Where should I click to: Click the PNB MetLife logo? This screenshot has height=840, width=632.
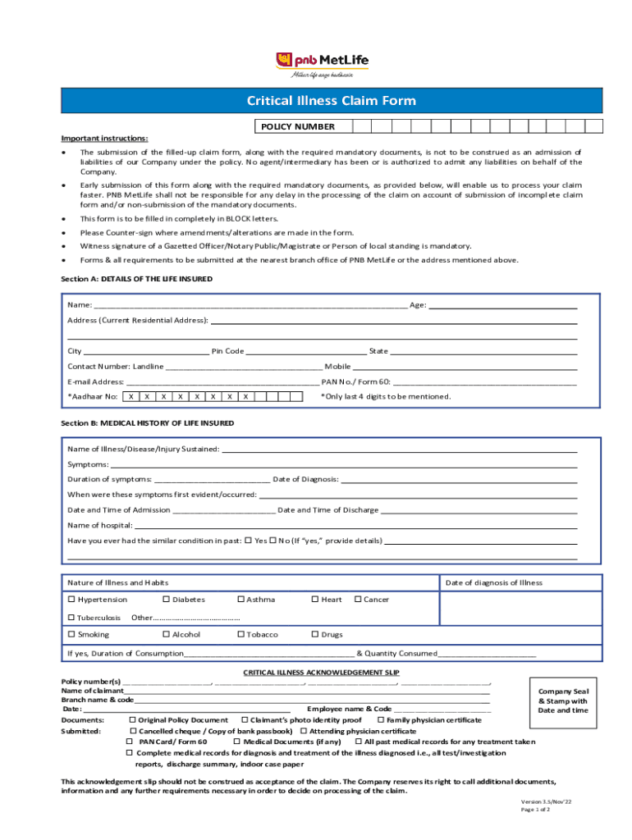[x=321, y=62]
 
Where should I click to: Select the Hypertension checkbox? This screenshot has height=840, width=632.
[x=71, y=600]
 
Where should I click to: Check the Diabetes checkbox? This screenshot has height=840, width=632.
[x=166, y=600]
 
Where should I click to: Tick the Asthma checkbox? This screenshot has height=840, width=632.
[x=240, y=600]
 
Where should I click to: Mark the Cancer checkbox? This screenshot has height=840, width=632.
[x=358, y=600]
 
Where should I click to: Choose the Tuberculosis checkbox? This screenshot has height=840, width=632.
[x=71, y=618]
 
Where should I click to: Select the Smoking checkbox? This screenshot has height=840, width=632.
[x=71, y=635]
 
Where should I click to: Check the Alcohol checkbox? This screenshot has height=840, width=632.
[x=166, y=635]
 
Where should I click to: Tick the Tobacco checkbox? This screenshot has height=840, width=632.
[x=240, y=635]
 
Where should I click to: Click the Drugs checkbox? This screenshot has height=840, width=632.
[x=314, y=635]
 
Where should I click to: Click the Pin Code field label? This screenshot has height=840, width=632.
[x=227, y=351]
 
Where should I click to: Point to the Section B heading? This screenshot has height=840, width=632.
[x=147, y=423]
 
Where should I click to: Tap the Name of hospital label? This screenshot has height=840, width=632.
[x=99, y=525]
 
